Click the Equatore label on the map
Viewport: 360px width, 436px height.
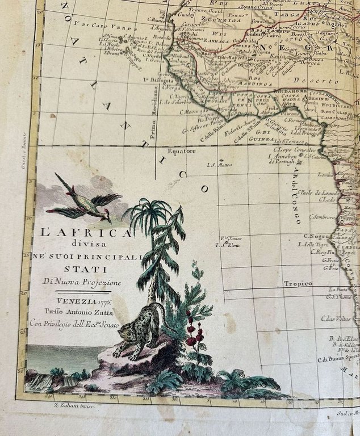(x=181, y=151)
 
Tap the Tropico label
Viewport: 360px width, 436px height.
(x=298, y=283)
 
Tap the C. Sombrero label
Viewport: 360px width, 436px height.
(x=322, y=216)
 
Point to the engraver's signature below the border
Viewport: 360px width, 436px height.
(x=78, y=406)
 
